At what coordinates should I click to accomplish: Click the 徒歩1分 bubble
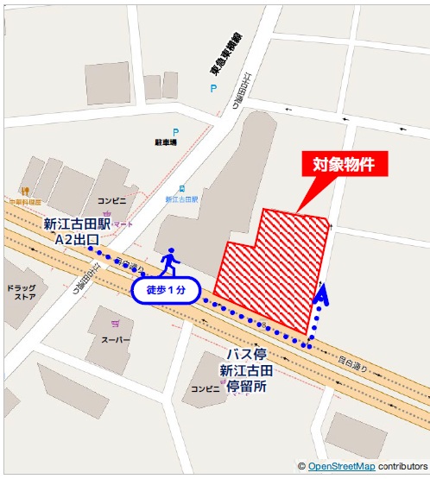point(167,290)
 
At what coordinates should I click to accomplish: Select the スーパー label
point(116,339)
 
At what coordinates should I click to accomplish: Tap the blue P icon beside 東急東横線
point(211,88)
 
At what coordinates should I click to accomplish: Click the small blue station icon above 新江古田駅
point(181,187)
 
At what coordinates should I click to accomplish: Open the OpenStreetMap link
point(341,467)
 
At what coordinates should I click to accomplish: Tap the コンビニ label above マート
point(111,200)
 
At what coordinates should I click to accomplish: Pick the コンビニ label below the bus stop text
point(206,388)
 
